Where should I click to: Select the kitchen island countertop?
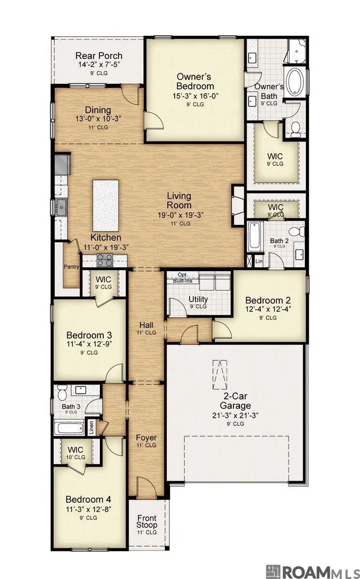tap(106, 206)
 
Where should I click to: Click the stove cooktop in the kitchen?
tap(105, 260)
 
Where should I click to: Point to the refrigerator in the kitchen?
tap(62, 164)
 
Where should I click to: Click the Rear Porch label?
tap(99, 55)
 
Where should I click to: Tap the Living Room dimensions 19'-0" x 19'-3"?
tap(181, 215)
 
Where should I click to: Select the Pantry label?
tap(71, 266)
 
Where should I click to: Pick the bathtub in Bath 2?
tap(255, 236)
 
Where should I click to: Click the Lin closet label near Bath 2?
tap(259, 262)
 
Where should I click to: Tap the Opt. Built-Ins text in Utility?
tap(183, 277)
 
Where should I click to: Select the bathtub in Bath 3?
tap(69, 428)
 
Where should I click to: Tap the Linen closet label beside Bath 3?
tap(91, 427)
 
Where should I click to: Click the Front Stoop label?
tap(147, 522)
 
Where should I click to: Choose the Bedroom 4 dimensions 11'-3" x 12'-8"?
tap(88, 509)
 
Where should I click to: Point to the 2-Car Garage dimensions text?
tap(235, 415)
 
